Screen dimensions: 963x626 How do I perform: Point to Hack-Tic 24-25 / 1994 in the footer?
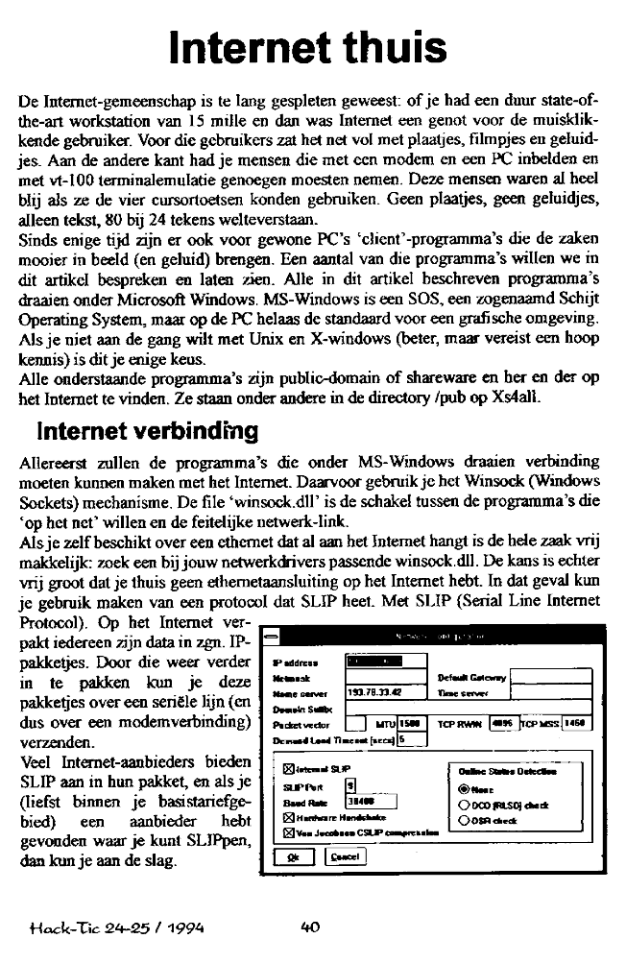(114, 927)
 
